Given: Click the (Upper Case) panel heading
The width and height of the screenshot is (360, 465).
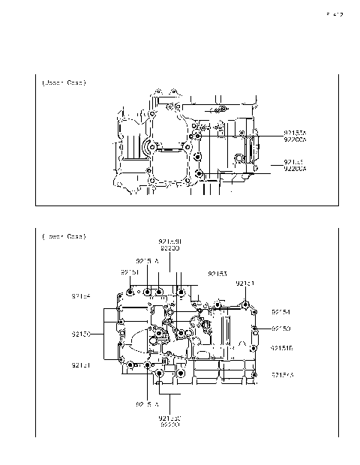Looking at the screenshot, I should coord(64,82).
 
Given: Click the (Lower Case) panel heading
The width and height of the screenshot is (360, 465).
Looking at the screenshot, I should coord(64,236).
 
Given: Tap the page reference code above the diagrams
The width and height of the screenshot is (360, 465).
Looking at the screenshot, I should coord(334,14).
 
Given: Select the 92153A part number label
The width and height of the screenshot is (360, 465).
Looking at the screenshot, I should coord(295,132).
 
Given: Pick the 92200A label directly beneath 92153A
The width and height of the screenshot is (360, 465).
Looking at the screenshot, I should coord(295,139).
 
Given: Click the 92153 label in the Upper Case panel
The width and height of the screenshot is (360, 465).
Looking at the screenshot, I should coord(293,162).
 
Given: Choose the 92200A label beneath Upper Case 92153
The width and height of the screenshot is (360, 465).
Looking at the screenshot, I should coord(295,169).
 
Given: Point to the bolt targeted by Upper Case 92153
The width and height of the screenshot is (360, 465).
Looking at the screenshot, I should coord(198,175).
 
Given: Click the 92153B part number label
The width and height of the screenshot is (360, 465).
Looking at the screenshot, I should coord(169,241).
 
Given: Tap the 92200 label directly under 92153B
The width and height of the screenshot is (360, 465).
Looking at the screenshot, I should coord(169,247).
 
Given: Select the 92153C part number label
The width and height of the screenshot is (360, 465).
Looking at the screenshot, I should coord(169,418).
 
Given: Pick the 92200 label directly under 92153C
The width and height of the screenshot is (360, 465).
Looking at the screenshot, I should coord(169,424).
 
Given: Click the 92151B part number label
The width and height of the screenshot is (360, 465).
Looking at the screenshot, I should coord(282,348).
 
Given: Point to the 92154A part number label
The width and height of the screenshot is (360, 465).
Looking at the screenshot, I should coord(282,374).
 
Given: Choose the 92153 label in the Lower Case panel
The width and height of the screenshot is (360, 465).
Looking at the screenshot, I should coord(217,274).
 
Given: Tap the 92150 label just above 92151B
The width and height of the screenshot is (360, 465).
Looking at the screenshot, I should coord(281,328).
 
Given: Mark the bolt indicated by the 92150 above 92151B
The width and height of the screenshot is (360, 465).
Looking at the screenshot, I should coord(256,328).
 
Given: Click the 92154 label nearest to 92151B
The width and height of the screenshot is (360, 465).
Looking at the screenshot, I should coord(281,311).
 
